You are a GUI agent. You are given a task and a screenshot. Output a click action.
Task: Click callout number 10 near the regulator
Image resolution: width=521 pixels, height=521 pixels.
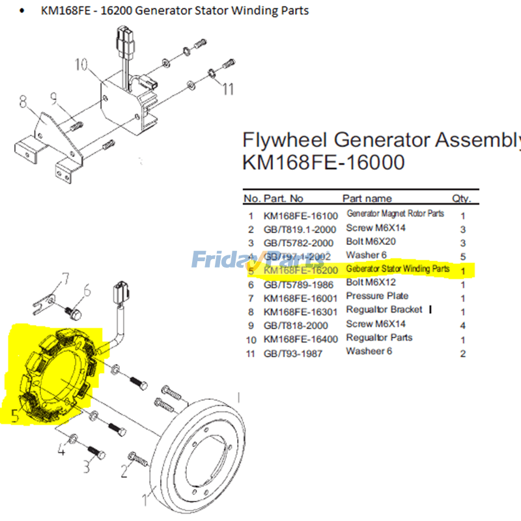tap(81, 64)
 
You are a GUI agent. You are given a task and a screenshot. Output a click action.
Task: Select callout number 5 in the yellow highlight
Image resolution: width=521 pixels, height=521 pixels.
tap(15, 415)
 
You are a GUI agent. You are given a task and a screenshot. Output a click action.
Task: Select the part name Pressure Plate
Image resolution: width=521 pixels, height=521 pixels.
tap(377, 296)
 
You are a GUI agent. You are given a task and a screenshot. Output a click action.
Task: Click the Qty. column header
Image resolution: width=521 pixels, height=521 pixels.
tap(461, 198)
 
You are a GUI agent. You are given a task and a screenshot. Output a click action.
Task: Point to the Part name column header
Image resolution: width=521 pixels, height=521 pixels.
tap(367, 198)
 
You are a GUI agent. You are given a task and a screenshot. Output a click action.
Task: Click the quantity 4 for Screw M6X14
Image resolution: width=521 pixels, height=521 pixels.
tap(462, 324)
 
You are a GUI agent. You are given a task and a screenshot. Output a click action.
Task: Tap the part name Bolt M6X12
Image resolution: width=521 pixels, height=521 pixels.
tap(371, 282)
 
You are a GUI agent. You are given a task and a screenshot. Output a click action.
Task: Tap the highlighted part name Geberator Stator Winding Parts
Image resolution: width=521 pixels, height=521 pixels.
tap(398, 268)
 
